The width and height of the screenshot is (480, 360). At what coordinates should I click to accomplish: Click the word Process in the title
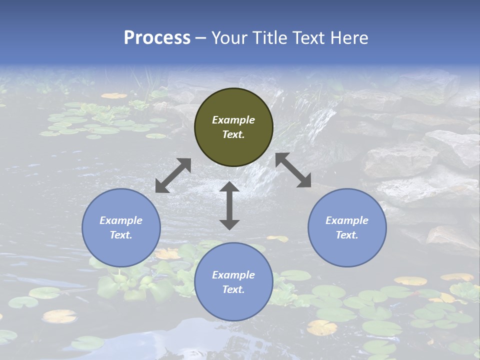pyautogui.click(x=157, y=38)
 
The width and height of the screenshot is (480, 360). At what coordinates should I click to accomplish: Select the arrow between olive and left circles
pyautogui.click(x=173, y=175)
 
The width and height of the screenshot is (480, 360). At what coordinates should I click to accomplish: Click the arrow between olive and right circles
pyautogui.click(x=293, y=170)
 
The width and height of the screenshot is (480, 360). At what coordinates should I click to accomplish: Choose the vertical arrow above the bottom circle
pyautogui.click(x=229, y=205)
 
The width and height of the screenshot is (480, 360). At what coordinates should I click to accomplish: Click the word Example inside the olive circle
pyautogui.click(x=233, y=120)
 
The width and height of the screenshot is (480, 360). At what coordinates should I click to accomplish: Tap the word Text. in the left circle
pyautogui.click(x=121, y=235)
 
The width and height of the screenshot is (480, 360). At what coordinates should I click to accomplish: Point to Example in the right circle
pyautogui.click(x=347, y=220)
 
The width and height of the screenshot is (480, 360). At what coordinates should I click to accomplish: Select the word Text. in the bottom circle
pyautogui.click(x=233, y=289)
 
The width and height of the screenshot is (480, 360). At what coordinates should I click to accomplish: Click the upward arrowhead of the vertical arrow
pyautogui.click(x=229, y=187)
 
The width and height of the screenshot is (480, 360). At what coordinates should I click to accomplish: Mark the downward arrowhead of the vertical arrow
pyautogui.click(x=229, y=224)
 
